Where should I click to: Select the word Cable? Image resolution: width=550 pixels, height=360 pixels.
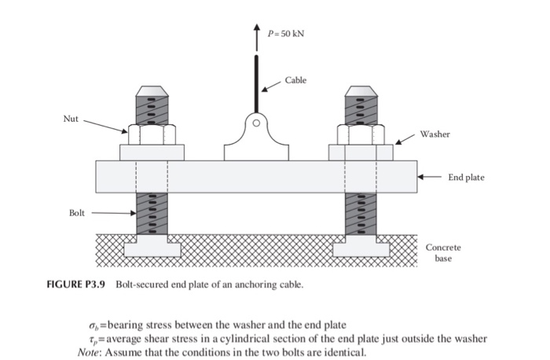296,80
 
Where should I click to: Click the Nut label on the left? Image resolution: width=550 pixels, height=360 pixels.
71,119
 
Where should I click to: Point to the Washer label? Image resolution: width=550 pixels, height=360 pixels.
434,134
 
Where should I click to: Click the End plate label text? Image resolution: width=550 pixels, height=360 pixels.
466,178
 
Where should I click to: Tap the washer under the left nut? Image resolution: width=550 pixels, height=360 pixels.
152,152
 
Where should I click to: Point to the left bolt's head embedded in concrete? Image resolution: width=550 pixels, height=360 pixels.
152,248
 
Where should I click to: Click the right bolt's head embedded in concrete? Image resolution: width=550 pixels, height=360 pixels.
361,248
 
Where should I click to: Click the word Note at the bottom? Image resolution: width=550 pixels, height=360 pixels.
91,351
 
